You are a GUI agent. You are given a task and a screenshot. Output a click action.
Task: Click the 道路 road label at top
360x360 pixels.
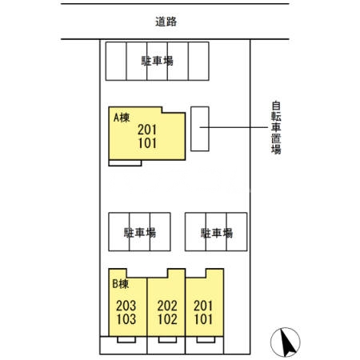pos(166,22)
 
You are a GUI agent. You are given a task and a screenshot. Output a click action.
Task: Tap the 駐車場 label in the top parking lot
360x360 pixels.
pos(158,62)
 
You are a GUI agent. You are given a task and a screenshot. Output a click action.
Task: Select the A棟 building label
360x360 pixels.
pos(121,118)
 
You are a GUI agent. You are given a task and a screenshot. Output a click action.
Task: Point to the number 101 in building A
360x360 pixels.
pos(147,144)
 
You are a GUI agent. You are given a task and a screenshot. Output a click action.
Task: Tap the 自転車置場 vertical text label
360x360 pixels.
pos(275,128)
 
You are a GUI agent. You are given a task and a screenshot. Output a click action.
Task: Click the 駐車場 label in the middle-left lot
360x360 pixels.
pos(139,233)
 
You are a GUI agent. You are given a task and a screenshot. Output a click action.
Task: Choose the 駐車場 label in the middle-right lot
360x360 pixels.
pos(216,233)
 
